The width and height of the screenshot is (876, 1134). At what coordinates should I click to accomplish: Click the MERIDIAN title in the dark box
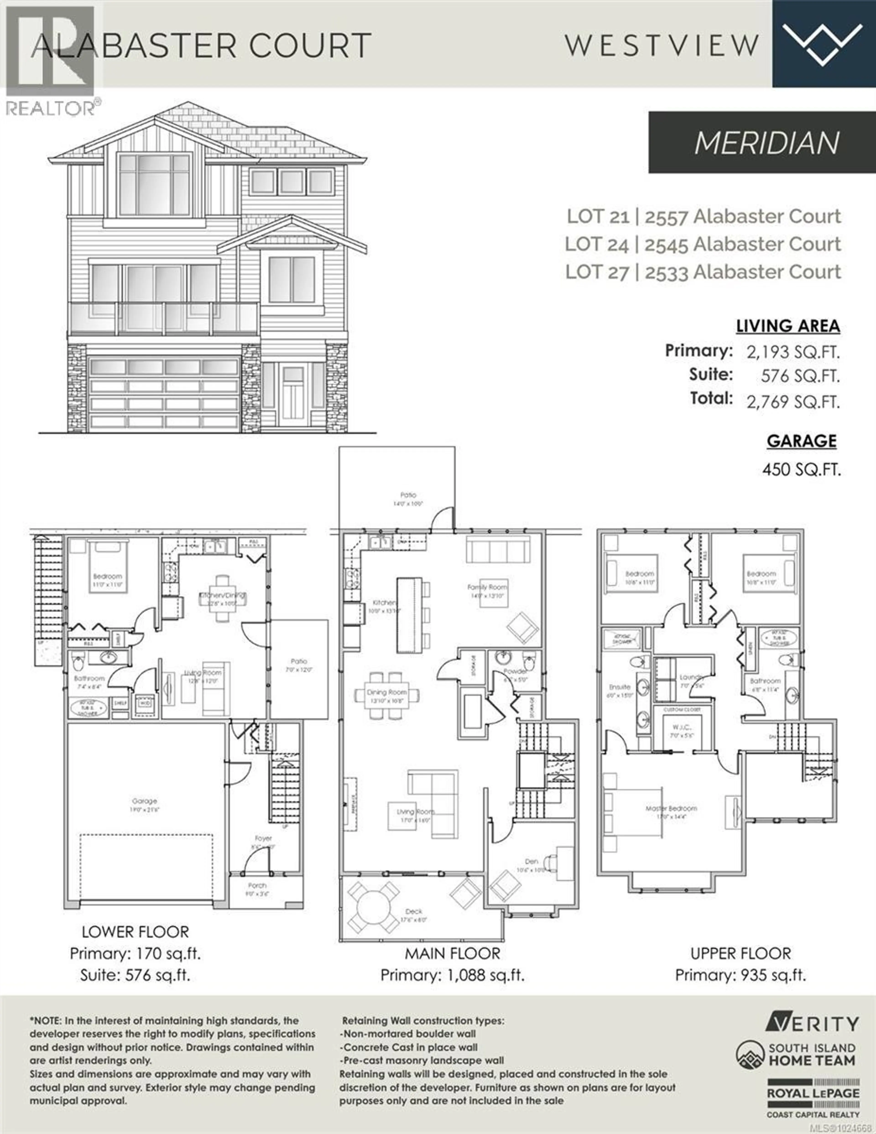(767, 143)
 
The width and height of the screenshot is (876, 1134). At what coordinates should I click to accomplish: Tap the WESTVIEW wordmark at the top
(662, 45)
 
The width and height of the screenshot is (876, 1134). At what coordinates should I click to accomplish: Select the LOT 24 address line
(703, 244)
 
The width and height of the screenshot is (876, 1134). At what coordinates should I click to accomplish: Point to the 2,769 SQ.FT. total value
(793, 401)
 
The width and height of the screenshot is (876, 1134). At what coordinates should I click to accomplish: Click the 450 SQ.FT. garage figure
(801, 469)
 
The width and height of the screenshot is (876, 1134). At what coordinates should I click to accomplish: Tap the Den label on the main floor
(531, 861)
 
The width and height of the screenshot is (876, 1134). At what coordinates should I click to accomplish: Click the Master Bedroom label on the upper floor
(671, 808)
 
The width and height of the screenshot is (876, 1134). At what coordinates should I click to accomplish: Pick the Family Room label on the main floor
(487, 587)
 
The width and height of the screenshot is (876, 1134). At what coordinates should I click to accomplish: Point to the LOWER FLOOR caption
(135, 932)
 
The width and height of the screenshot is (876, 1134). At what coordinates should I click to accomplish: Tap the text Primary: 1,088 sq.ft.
(452, 975)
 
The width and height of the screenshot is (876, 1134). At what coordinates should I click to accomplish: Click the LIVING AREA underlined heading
(788, 326)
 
